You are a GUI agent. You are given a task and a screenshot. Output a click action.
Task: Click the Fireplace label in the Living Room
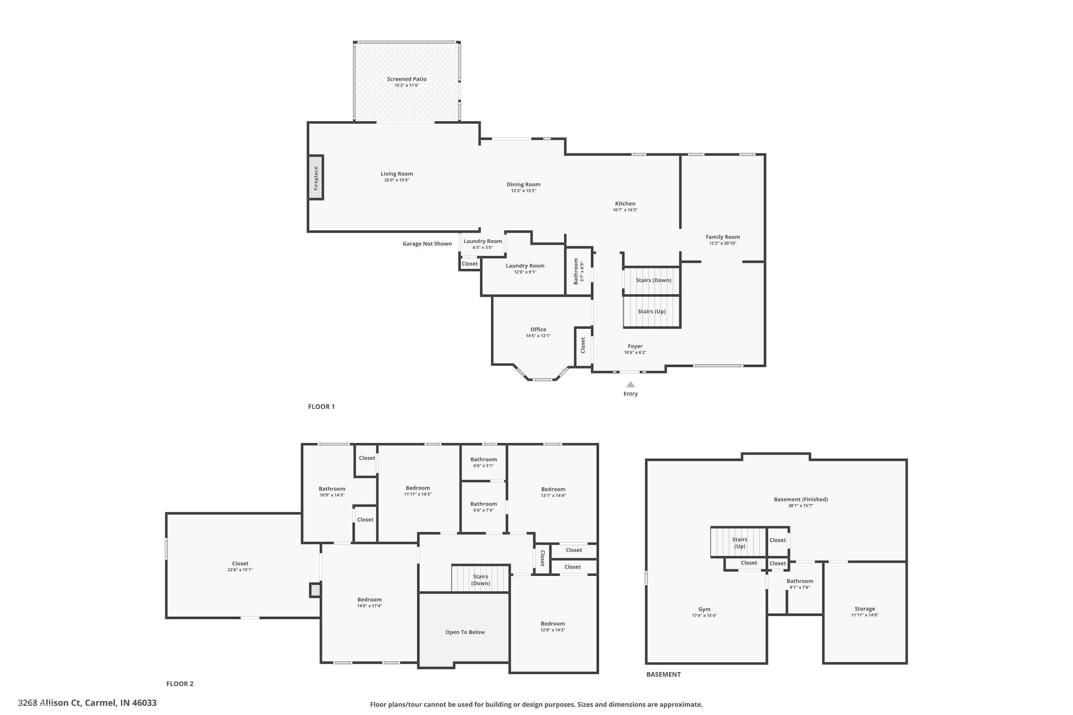tap(316, 178)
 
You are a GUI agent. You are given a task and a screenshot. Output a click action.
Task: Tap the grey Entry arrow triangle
tap(631, 384)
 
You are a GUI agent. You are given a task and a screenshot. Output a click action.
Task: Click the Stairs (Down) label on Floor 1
tap(653, 280)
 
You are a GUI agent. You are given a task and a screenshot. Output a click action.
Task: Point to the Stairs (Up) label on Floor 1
tap(651, 311)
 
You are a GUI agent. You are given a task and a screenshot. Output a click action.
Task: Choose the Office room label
tap(538, 329)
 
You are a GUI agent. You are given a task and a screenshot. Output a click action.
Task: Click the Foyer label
tap(635, 346)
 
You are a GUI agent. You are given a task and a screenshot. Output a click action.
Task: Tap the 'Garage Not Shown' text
tap(427, 243)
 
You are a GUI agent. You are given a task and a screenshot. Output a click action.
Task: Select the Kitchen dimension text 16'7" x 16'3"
tap(625, 210)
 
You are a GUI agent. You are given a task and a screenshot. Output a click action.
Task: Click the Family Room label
tap(722, 237)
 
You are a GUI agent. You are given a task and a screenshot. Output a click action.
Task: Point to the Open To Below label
tap(465, 632)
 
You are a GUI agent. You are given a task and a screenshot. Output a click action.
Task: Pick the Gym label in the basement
tap(704, 609)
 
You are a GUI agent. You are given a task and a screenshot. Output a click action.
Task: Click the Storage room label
tap(864, 609)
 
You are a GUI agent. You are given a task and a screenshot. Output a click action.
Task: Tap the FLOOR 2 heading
tap(180, 684)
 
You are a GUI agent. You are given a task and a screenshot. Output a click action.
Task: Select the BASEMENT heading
tap(663, 674)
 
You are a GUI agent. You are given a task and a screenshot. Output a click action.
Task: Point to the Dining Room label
tap(523, 184)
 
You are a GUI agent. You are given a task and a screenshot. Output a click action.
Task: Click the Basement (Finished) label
tap(801, 499)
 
